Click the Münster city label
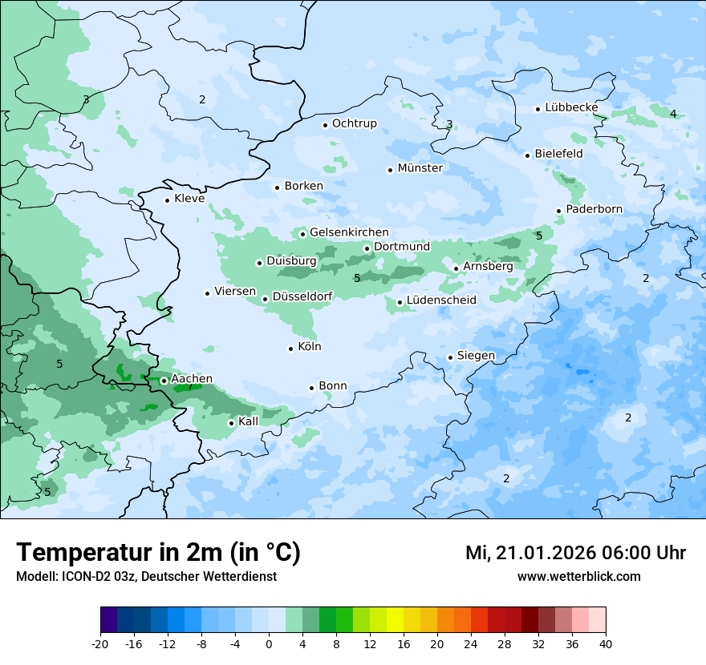pos(420,168)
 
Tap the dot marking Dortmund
pos(367,248)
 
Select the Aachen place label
pos(192,379)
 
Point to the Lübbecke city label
pos(571,107)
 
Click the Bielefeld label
pos(558,154)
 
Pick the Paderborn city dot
pos(558,211)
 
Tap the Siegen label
pos(476,356)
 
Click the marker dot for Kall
pos(231,423)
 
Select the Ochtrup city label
pos(354,123)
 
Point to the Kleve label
pos(189,199)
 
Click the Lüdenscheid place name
pos(441,300)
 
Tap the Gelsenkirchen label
pos(349,232)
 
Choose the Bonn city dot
pos(312,388)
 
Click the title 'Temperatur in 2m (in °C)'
pos(158,553)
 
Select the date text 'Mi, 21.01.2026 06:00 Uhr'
pos(575,553)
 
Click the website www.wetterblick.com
pos(578,577)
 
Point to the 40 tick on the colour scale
pos(606,643)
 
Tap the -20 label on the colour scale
pos(100,643)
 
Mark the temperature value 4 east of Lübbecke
pos(673,114)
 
